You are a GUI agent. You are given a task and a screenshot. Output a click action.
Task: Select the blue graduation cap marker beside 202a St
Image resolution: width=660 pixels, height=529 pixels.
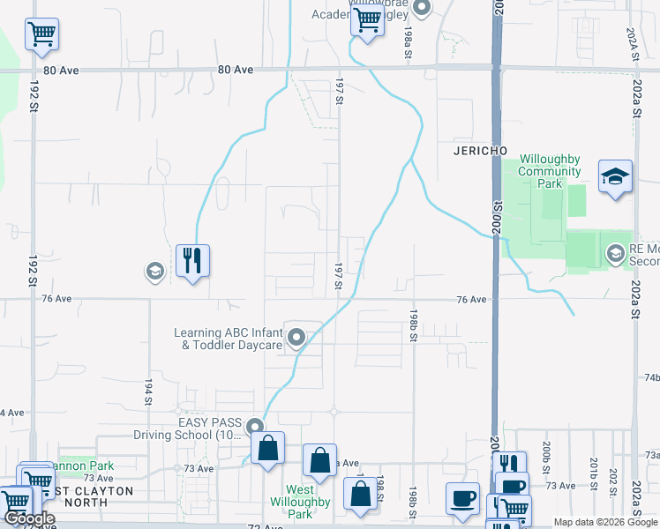[x=615, y=177]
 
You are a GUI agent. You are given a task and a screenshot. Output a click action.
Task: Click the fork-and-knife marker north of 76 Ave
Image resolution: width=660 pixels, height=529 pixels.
[x=192, y=260]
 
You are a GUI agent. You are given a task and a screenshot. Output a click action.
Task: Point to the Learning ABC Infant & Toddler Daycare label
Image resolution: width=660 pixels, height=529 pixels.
[x=228, y=339]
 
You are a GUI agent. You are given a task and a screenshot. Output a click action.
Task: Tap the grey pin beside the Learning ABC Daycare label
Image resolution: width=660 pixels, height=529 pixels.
[x=297, y=337]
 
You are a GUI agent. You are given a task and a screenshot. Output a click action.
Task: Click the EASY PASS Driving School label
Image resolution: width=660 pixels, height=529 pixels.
[x=185, y=428]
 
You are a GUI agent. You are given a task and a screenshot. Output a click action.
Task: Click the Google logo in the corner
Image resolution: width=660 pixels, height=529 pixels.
[x=29, y=519]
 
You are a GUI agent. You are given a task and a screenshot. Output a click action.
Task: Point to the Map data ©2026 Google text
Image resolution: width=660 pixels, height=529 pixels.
[x=604, y=522]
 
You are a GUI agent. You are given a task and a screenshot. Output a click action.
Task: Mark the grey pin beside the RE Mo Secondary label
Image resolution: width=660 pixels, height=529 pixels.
[x=615, y=256]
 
